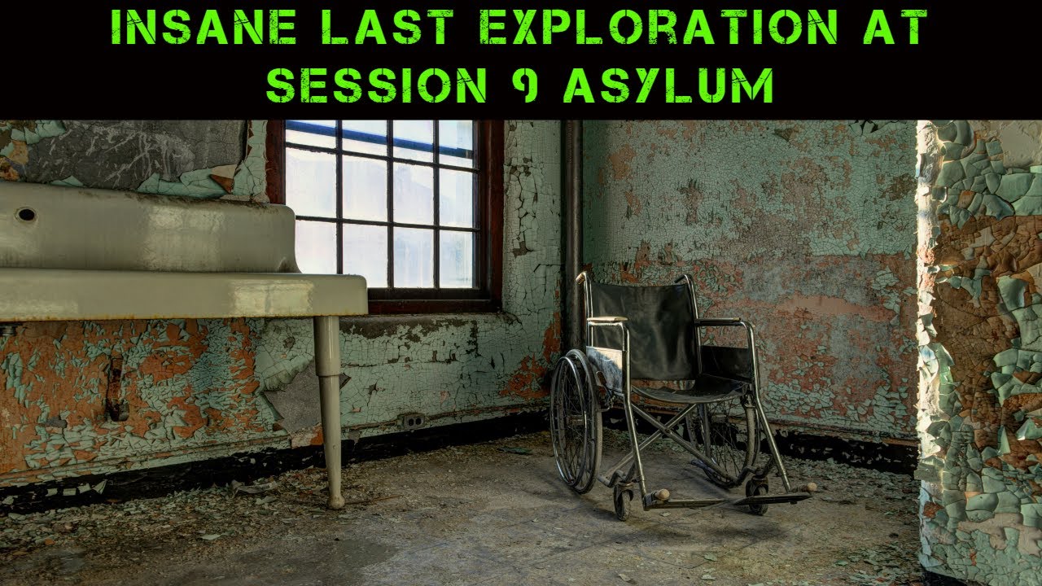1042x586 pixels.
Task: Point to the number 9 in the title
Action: (528, 84)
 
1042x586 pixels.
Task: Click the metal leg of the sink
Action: (330, 407)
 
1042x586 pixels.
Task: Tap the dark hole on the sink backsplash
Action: (25, 214)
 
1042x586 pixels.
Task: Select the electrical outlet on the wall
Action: (413, 421)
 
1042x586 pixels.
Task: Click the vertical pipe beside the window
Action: (572, 228)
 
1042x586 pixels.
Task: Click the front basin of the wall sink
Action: (179, 293)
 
